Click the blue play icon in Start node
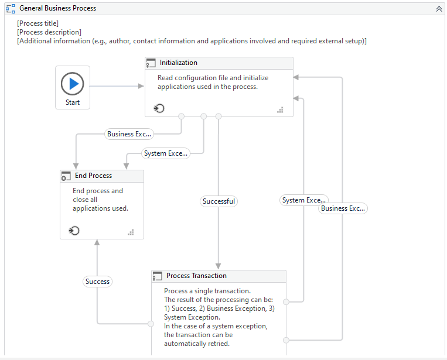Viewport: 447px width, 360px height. pyautogui.click(x=73, y=84)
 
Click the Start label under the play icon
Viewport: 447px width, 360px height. pyautogui.click(x=73, y=102)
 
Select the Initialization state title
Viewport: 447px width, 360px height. pyautogui.click(x=178, y=63)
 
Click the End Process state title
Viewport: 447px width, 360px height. pyautogui.click(x=93, y=176)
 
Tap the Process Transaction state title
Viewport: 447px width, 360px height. pyautogui.click(x=196, y=276)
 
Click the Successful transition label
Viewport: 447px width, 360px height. pyautogui.click(x=219, y=201)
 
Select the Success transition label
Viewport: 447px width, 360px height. pyautogui.click(x=97, y=282)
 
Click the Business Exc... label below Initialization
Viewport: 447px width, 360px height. pyautogui.click(x=129, y=134)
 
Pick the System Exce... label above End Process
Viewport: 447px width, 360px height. pyautogui.click(x=166, y=153)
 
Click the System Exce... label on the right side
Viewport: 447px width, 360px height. pyautogui.click(x=303, y=200)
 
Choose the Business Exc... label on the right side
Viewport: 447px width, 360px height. pyautogui.click(x=343, y=208)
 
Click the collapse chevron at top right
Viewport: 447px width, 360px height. pyautogui.click(x=438, y=9)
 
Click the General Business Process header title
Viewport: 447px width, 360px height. pyautogui.click(x=57, y=8)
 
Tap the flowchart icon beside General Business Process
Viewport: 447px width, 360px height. pyautogui.click(x=11, y=9)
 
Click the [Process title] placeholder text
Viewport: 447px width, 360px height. pyautogui.click(x=37, y=23)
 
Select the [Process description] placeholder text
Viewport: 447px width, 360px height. pyautogui.click(x=49, y=32)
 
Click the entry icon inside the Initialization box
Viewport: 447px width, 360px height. pyautogui.click(x=159, y=108)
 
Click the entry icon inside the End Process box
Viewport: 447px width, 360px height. pyautogui.click(x=74, y=231)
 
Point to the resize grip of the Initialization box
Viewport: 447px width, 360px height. pyautogui.click(x=280, y=109)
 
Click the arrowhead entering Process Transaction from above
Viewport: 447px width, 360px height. pyautogui.click(x=219, y=266)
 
